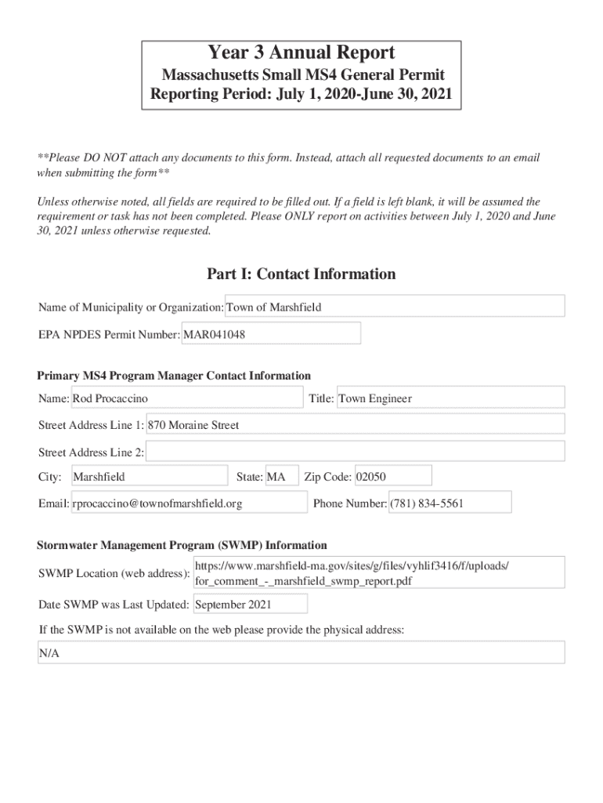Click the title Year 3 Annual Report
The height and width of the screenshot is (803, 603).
click(301, 53)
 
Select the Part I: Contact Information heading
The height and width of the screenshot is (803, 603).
click(301, 274)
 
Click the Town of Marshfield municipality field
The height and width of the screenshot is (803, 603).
click(395, 307)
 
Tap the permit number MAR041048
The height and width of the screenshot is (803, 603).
click(271, 334)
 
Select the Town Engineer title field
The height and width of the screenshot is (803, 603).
click(450, 398)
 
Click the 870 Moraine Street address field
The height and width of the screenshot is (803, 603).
click(355, 425)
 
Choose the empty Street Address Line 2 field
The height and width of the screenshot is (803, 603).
click(355, 452)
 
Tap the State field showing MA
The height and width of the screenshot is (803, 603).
click(281, 477)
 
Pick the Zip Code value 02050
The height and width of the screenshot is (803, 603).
click(392, 477)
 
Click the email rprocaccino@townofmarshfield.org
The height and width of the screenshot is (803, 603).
click(189, 503)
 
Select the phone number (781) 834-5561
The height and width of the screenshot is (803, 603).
click(450, 503)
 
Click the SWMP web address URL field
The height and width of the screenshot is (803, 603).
click(378, 573)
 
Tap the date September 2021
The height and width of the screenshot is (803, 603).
click(249, 605)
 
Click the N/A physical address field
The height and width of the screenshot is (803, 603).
click(301, 653)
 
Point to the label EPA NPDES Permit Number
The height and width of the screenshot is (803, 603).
click(109, 335)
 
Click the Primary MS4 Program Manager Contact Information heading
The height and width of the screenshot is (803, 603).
click(174, 376)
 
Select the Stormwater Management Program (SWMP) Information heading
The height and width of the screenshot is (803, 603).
click(182, 545)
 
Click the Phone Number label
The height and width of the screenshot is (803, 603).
click(349, 503)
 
